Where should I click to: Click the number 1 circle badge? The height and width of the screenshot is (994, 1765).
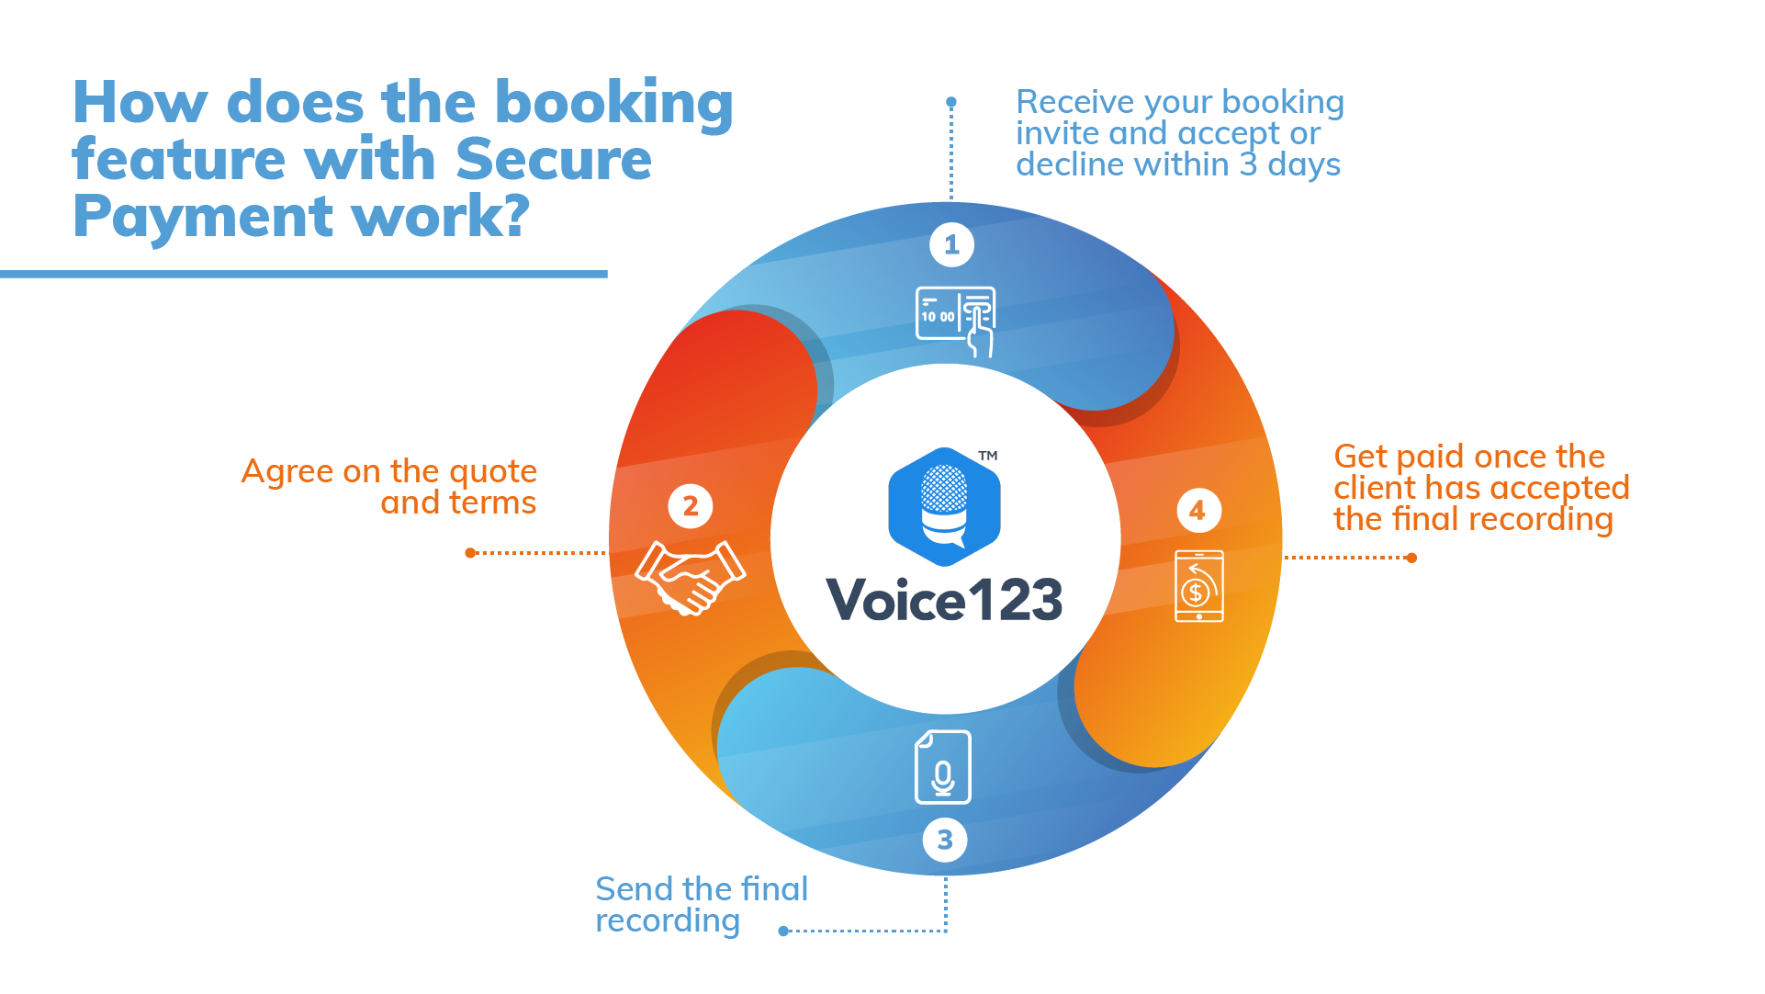coord(951,245)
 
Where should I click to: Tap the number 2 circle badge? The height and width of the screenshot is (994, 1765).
coord(691,506)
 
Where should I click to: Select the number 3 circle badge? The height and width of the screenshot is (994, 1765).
coord(945,840)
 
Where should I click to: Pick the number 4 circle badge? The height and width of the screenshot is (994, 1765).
coord(1198,511)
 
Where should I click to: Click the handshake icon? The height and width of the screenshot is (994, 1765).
coord(691,577)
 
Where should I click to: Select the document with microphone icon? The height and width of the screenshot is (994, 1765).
coord(943,767)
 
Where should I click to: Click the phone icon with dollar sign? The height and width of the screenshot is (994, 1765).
coord(1199,586)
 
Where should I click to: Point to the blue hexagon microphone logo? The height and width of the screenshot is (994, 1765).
coord(944,506)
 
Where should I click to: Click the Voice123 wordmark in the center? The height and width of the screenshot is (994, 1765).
coord(944,601)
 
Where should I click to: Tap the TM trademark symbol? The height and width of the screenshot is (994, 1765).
coord(988,456)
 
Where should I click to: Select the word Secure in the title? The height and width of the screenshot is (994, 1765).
coord(554,160)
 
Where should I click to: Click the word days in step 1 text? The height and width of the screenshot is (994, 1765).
coord(1304,165)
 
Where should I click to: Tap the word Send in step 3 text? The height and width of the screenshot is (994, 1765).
coord(635,889)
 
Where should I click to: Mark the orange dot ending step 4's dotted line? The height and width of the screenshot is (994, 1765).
coord(1411,558)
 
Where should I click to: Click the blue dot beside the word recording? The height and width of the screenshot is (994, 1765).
coord(783,932)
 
